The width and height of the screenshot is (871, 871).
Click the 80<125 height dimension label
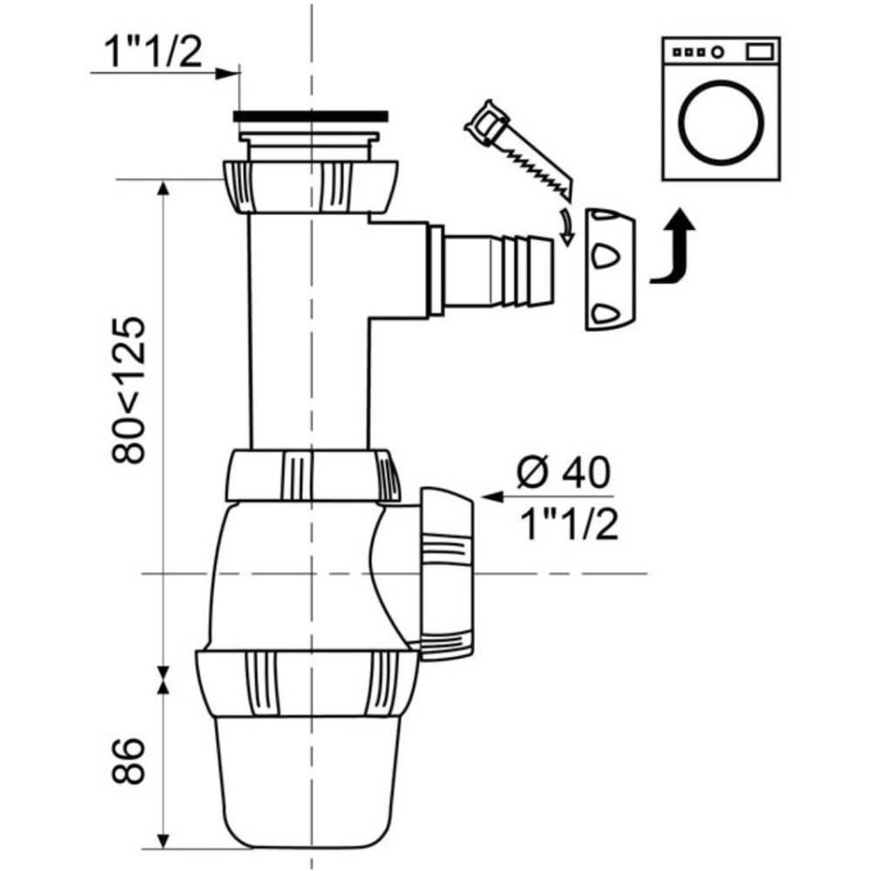(129, 390)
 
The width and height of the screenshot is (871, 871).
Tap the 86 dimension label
(128, 760)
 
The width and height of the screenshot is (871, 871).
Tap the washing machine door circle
(722, 122)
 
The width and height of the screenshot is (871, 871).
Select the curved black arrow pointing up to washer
(675, 247)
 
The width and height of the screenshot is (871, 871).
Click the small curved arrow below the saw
(566, 226)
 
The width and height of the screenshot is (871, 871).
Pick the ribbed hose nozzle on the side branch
(498, 271)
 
